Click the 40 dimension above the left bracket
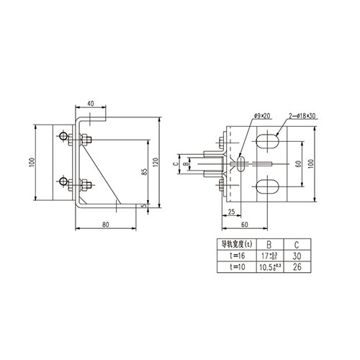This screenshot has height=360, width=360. click(91, 103)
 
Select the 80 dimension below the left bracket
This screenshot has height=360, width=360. click(106, 225)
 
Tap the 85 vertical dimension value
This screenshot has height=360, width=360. click(144, 172)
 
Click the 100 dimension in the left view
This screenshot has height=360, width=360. click(32, 161)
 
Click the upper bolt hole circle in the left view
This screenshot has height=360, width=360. click(65, 137)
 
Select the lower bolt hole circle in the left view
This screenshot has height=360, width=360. click(65, 181)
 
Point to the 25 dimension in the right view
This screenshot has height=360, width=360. click(230, 212)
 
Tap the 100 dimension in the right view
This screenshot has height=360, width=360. click(310, 164)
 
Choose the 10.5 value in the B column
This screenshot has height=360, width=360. click(266, 266)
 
